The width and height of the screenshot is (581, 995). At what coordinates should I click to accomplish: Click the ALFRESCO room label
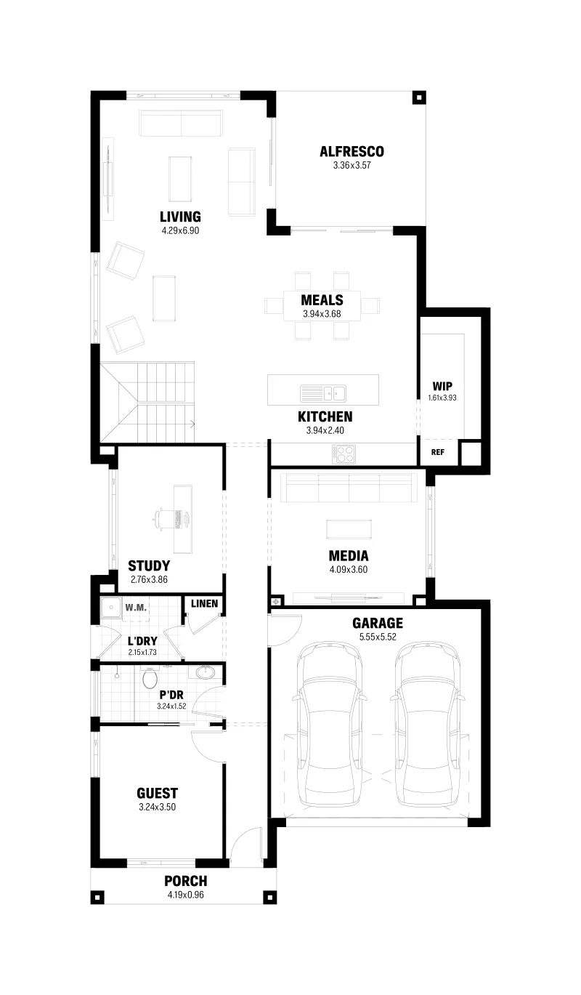(x=352, y=151)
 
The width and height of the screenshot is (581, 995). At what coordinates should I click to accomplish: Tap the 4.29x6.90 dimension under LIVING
(x=180, y=230)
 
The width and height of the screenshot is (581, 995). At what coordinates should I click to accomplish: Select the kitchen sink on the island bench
(x=323, y=393)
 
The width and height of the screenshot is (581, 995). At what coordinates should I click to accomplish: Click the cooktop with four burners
(x=344, y=454)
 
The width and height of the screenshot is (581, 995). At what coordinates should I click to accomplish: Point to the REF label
(x=438, y=452)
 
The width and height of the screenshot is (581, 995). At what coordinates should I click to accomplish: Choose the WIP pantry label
(x=442, y=386)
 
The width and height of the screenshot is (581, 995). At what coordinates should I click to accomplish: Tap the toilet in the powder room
(x=150, y=677)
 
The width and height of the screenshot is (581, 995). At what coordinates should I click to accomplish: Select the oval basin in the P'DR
(x=205, y=672)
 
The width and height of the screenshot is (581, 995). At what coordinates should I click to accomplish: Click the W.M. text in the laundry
(x=136, y=608)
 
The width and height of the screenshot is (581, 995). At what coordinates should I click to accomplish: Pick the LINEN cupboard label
(x=205, y=604)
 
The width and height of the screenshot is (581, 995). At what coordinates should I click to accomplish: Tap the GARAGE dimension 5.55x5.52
(x=378, y=637)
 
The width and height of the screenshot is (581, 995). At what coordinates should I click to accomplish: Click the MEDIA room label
(x=349, y=556)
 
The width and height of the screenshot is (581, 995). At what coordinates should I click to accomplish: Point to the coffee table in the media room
(x=349, y=529)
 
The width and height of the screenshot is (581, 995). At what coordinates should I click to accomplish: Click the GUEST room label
(x=157, y=794)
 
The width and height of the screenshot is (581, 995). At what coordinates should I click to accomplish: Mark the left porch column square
(x=97, y=897)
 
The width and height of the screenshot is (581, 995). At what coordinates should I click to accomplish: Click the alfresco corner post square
(x=418, y=97)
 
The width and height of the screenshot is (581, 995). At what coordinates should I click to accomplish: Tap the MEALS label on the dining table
(x=322, y=300)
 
